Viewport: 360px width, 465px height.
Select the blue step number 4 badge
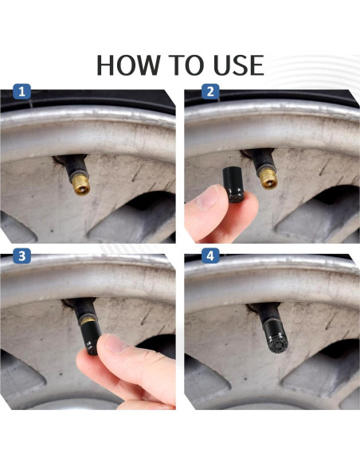click(x=210, y=256)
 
